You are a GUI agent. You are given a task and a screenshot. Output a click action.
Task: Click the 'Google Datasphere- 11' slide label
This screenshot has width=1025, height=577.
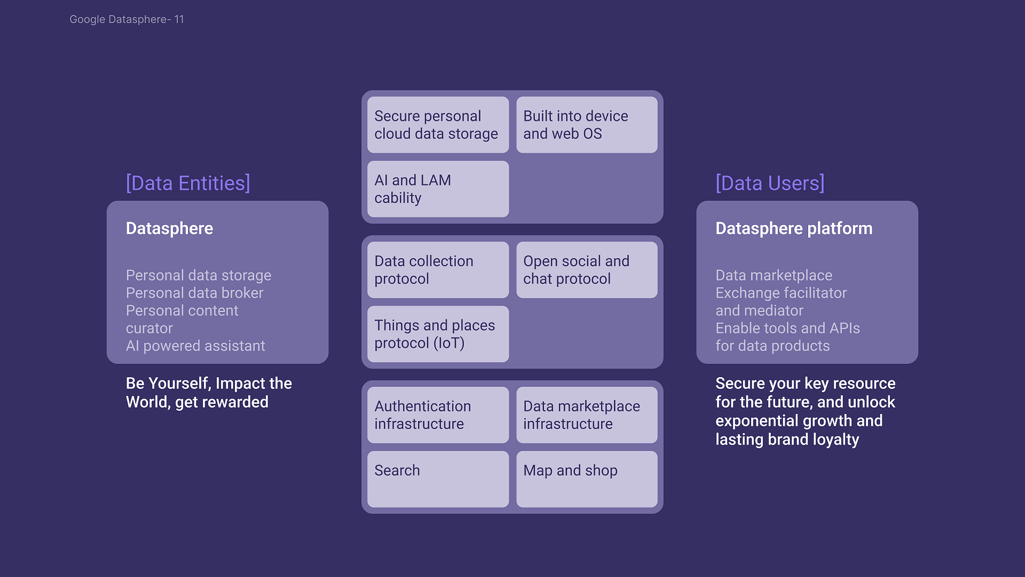[127, 19]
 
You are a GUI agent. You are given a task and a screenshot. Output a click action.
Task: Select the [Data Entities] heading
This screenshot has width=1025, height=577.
[188, 183]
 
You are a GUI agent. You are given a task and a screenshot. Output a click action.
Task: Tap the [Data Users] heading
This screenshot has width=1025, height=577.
[770, 183]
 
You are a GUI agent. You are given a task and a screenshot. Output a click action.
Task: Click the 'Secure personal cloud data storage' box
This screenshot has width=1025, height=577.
[438, 125]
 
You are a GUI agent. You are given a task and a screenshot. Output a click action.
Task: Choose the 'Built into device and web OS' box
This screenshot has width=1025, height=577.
[586, 125]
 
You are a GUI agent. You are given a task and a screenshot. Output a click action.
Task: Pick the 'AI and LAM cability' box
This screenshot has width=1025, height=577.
[438, 189]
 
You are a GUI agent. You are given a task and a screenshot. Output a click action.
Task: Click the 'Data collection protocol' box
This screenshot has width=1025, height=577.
[438, 270]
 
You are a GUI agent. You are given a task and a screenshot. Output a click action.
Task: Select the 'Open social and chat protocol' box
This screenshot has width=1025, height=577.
[586, 270]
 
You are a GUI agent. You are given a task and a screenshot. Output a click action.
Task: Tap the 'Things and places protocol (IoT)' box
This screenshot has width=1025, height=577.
[438, 334]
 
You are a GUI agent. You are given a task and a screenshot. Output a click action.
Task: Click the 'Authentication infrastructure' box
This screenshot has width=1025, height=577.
[438, 414]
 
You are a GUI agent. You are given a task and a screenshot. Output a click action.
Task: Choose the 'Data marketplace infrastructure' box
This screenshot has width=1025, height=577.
[586, 414]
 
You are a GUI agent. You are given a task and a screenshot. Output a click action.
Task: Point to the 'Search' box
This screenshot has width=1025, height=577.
[438, 479]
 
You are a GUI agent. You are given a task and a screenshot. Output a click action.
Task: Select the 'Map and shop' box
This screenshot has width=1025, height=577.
[586, 479]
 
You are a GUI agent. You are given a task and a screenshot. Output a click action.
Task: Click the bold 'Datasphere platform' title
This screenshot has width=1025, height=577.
[794, 229]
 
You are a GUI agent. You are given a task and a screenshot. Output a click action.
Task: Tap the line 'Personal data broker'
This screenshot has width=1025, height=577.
[194, 293]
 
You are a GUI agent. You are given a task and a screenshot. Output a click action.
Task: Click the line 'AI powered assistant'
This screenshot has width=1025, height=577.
[195, 346]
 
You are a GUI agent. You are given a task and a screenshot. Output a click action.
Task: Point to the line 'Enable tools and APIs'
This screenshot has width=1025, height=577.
[787, 328]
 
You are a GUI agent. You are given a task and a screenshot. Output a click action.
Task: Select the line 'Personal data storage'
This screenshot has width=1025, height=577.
[199, 275]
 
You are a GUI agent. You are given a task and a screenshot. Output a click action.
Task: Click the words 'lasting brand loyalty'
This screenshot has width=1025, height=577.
[787, 440]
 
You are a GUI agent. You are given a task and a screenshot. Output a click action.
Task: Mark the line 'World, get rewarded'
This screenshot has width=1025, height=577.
[197, 402]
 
